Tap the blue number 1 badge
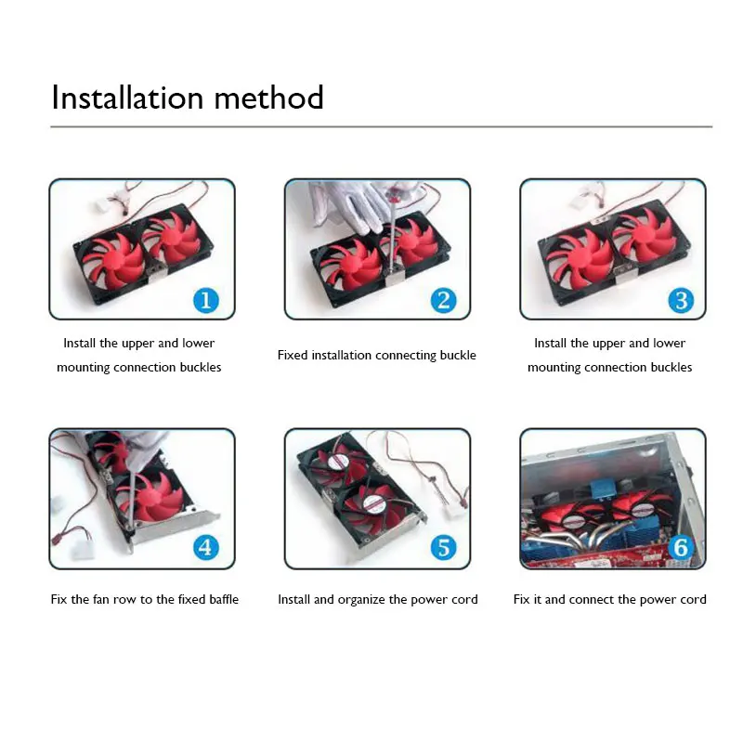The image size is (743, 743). click(x=205, y=300)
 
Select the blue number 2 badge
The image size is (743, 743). click(x=443, y=299)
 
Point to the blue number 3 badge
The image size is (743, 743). click(x=681, y=300)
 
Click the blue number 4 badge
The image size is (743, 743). click(x=205, y=548)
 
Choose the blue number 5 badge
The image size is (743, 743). click(x=443, y=548)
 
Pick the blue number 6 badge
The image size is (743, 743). click(x=681, y=548)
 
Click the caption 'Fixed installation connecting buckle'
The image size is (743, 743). click(x=376, y=355)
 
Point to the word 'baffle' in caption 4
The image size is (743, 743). click(x=219, y=599)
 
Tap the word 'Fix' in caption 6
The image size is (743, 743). click(x=522, y=599)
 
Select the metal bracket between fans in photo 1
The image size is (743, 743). click(x=150, y=269)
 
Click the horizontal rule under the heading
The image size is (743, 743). click(x=381, y=126)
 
